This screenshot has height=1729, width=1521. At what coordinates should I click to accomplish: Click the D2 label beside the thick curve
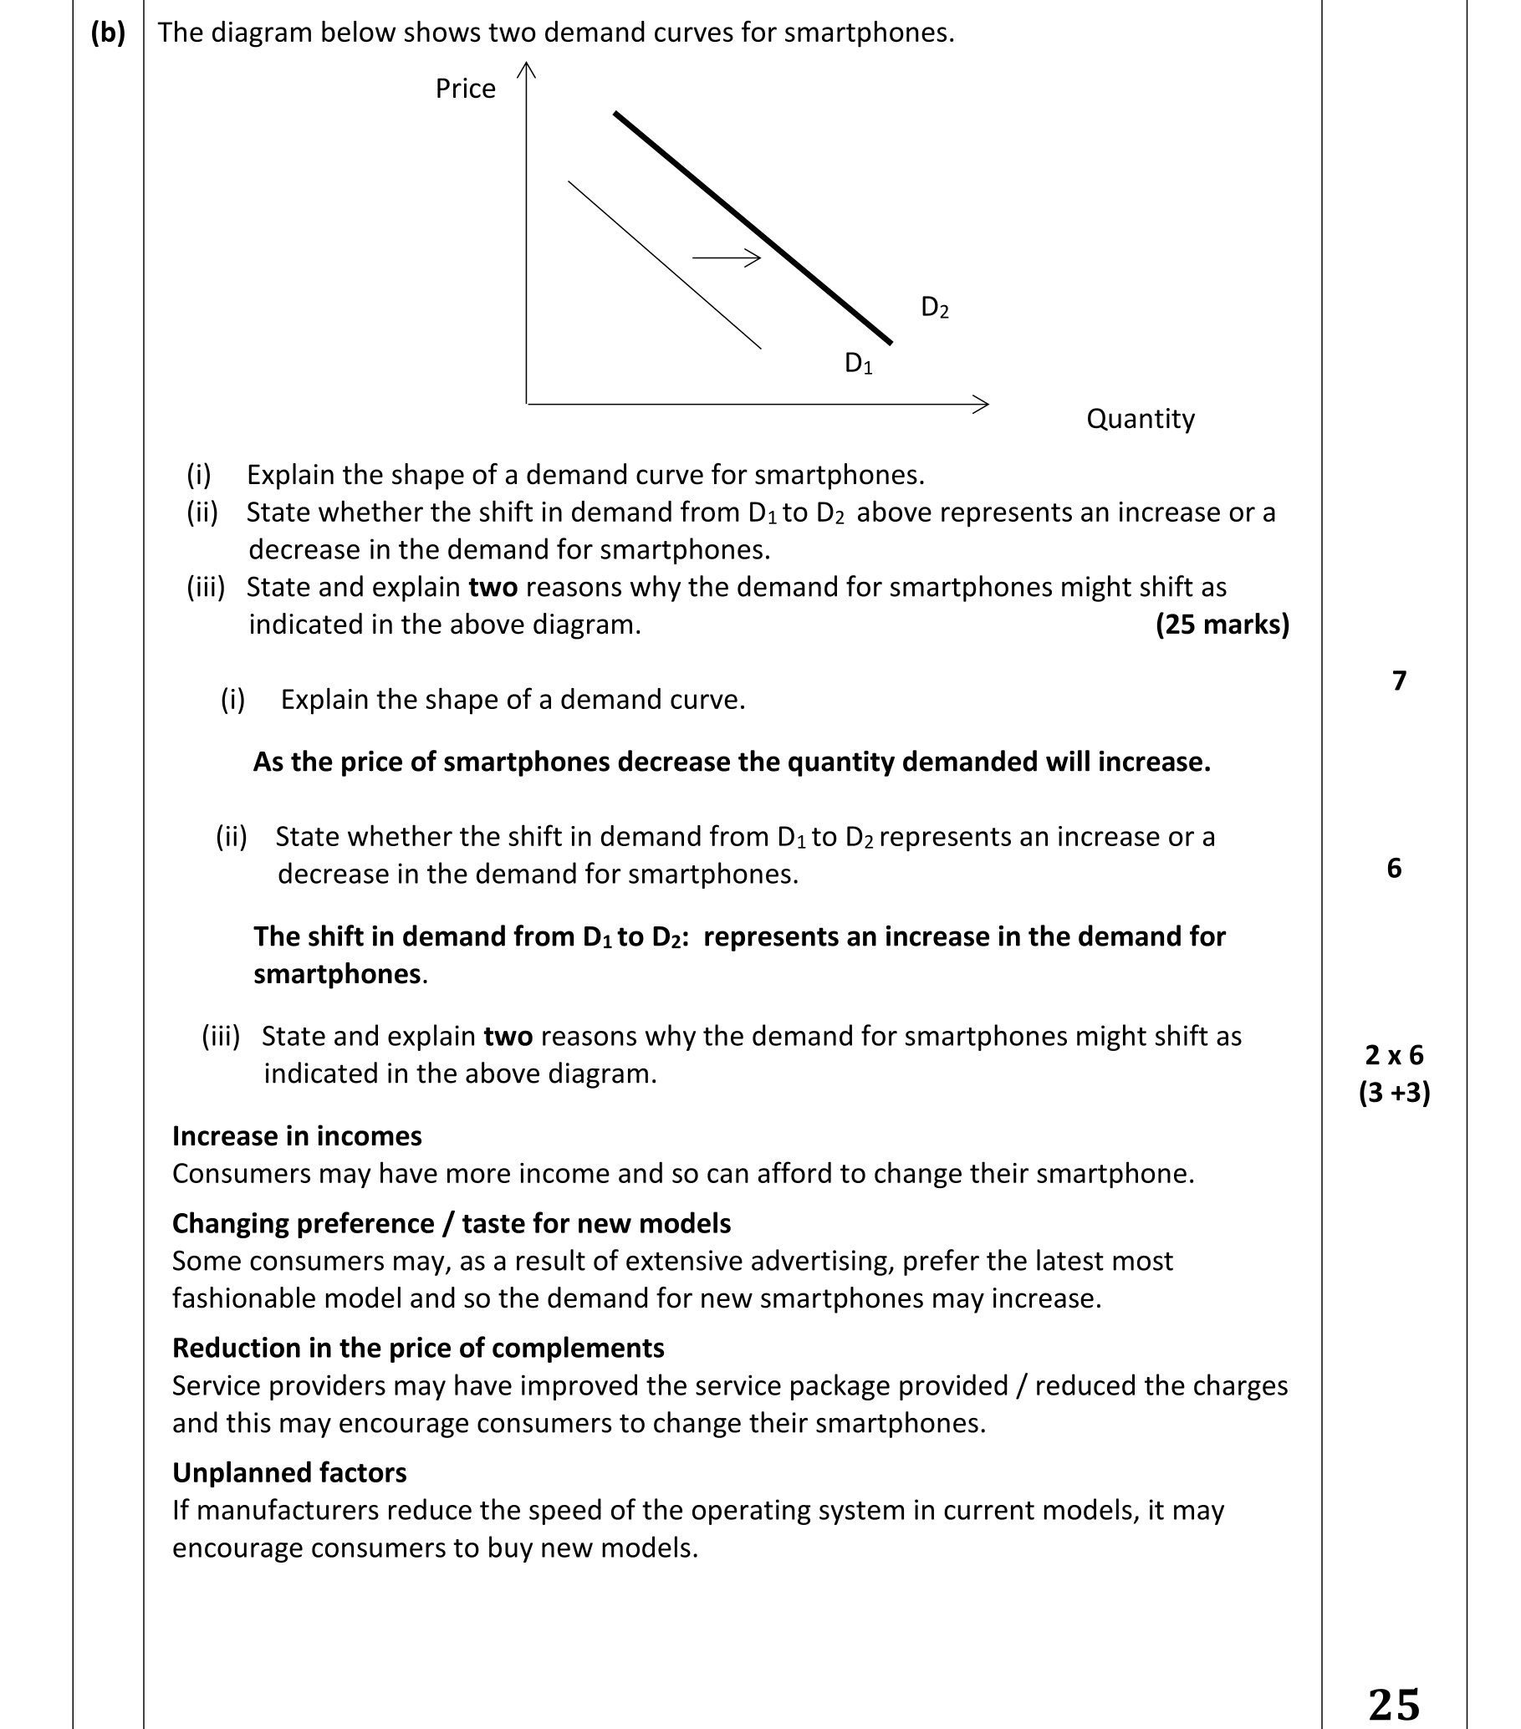click(x=934, y=307)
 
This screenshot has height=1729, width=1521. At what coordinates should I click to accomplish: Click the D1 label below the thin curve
click(x=858, y=363)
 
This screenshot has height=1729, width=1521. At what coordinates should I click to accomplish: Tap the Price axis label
click(x=464, y=89)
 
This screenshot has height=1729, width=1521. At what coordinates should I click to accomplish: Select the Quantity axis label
click(x=1140, y=419)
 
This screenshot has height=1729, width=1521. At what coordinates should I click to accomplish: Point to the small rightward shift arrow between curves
click(x=727, y=258)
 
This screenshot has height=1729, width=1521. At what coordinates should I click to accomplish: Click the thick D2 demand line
click(x=753, y=227)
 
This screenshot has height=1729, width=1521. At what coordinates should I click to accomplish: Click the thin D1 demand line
click(x=664, y=264)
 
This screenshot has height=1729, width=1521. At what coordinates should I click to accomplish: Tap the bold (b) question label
click(x=107, y=33)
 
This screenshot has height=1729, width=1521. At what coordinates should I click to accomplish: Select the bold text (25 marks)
click(x=1222, y=625)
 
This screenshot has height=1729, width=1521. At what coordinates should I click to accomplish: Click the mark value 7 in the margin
click(x=1398, y=680)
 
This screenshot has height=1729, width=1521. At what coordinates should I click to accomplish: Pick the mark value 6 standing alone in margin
click(x=1394, y=868)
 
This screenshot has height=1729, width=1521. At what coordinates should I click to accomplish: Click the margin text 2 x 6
click(x=1393, y=1055)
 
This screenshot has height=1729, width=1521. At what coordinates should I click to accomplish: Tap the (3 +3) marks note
click(x=1393, y=1093)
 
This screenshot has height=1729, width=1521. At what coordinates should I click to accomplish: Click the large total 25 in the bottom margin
click(x=1393, y=1704)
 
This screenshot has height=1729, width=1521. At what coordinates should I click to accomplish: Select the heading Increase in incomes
click(x=296, y=1136)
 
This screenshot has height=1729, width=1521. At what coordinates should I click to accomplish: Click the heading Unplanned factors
click(x=289, y=1472)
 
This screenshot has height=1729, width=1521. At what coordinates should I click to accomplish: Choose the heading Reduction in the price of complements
click(x=418, y=1348)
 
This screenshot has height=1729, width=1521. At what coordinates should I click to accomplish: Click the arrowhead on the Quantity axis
click(x=983, y=405)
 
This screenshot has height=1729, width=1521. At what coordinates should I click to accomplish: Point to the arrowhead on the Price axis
click(x=526, y=69)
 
